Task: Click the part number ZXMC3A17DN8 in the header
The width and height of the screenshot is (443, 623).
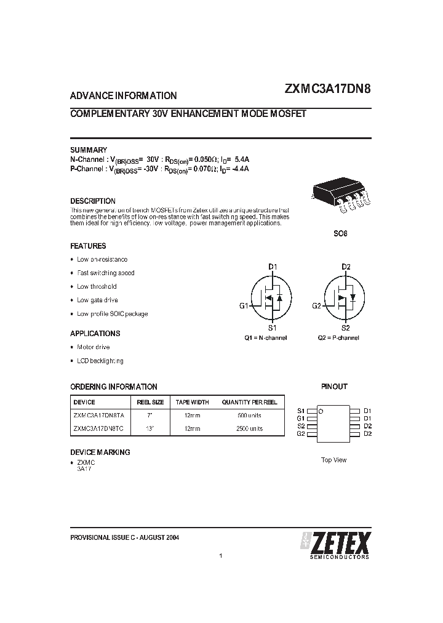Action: tap(327, 88)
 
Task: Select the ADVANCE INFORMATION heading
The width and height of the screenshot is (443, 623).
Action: tap(124, 95)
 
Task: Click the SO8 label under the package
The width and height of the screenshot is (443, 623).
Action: tap(341, 234)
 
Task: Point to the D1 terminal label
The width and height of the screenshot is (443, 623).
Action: tap(273, 267)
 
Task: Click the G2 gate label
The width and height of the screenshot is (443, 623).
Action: tap(316, 305)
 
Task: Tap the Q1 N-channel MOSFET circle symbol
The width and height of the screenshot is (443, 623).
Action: tap(271, 297)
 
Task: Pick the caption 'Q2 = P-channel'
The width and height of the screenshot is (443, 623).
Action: tap(338, 337)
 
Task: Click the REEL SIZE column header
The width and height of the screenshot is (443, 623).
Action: tap(150, 402)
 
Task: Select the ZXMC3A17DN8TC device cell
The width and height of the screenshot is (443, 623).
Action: tap(98, 428)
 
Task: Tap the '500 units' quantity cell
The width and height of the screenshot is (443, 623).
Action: tap(250, 416)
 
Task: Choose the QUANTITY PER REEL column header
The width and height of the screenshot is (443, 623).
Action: tap(250, 402)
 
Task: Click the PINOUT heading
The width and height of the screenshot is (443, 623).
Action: tap(334, 387)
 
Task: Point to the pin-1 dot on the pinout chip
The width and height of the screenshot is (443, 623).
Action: tap(321, 411)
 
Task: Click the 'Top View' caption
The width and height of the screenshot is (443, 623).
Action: tap(334, 460)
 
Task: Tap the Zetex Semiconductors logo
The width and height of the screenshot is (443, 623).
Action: tap(335, 544)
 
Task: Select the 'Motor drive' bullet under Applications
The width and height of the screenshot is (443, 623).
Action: tap(93, 347)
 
